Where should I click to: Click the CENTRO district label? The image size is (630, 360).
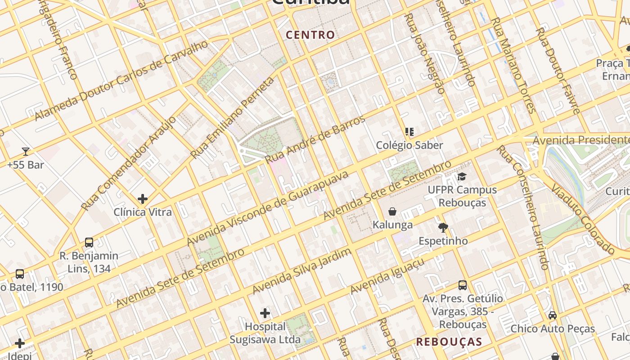[x=310, y=35]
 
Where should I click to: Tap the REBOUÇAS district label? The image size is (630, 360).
[x=449, y=342]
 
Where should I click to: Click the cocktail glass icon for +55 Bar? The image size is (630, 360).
[x=26, y=152]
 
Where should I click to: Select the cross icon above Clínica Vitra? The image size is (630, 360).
[x=143, y=198]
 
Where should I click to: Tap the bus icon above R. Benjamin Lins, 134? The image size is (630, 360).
[x=89, y=243]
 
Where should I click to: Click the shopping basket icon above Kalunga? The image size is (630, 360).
[x=392, y=211]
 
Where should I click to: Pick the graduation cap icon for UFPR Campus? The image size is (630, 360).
[x=462, y=176]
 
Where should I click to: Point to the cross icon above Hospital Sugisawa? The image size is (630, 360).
[x=265, y=313]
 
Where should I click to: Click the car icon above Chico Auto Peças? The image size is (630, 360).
[x=553, y=315]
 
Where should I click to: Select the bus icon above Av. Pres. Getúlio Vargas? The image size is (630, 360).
[x=463, y=285]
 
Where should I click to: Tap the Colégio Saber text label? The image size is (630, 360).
[x=409, y=145]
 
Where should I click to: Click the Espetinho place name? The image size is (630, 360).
[x=443, y=241]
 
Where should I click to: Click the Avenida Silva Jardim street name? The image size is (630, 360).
[x=301, y=270]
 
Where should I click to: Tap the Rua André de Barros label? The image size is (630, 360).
[x=315, y=139]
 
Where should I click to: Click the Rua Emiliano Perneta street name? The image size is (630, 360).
[x=232, y=118]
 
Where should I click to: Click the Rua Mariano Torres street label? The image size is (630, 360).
[x=513, y=65]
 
